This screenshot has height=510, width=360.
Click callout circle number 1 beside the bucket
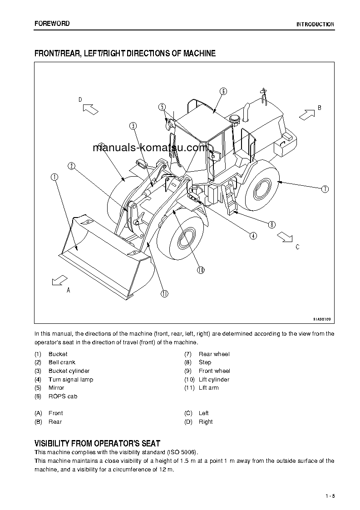pyautogui.click(x=54, y=177)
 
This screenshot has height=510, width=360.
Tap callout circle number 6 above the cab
pyautogui.click(x=223, y=91)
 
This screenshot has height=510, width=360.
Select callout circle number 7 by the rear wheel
pyautogui.click(x=325, y=189)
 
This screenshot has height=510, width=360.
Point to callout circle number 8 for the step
pyautogui.click(x=271, y=224)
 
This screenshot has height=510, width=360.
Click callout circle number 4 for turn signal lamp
pyautogui.click(x=253, y=235)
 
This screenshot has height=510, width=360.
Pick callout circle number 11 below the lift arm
pyautogui.click(x=164, y=293)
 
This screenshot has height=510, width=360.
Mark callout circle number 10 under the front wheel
pyautogui.click(x=201, y=270)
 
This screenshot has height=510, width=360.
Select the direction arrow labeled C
pyautogui.click(x=285, y=236)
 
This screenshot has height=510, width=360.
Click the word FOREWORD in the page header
pyautogui.click(x=52, y=24)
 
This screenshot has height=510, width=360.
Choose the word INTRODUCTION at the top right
pyautogui.click(x=315, y=25)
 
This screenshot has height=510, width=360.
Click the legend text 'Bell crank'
pyautogui.click(x=62, y=362)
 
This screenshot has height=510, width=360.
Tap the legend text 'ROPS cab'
pyautogui.click(x=63, y=396)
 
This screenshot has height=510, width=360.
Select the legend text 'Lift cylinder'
pyautogui.click(x=214, y=380)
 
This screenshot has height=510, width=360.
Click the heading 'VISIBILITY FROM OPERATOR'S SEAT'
pyautogui.click(x=97, y=443)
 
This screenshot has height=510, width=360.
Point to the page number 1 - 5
pyautogui.click(x=330, y=496)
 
